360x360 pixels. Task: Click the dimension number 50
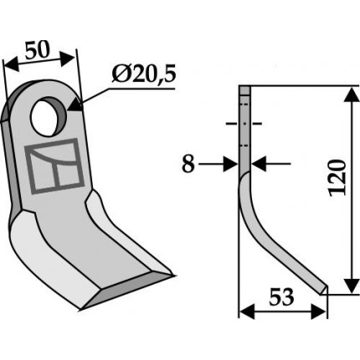37,50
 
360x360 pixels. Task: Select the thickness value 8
188,164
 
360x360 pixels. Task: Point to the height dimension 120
337,177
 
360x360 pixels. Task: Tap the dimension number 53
281,297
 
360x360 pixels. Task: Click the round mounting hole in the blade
48,117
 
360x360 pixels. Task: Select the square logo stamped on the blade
54,166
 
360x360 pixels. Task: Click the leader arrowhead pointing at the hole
75,105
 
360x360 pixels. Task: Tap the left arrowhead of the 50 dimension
11,66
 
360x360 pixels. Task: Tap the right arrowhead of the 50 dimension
68,58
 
